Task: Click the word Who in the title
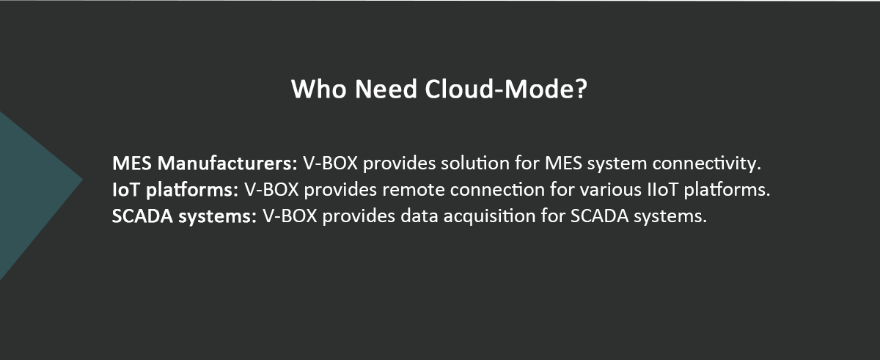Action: pos(318,89)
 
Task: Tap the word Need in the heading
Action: pos(386,89)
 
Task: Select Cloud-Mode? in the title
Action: pos(506,89)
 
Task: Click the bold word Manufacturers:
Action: pos(227,164)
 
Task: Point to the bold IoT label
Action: pos(126,190)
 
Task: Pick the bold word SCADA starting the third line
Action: pos(142,216)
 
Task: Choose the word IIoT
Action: pos(663,190)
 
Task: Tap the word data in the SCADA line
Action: pos(419,216)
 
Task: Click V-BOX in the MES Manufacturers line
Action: pos(331,164)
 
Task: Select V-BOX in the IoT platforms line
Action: pos(271,190)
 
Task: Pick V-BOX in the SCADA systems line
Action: pos(290,216)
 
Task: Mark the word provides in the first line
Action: pos(399,164)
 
